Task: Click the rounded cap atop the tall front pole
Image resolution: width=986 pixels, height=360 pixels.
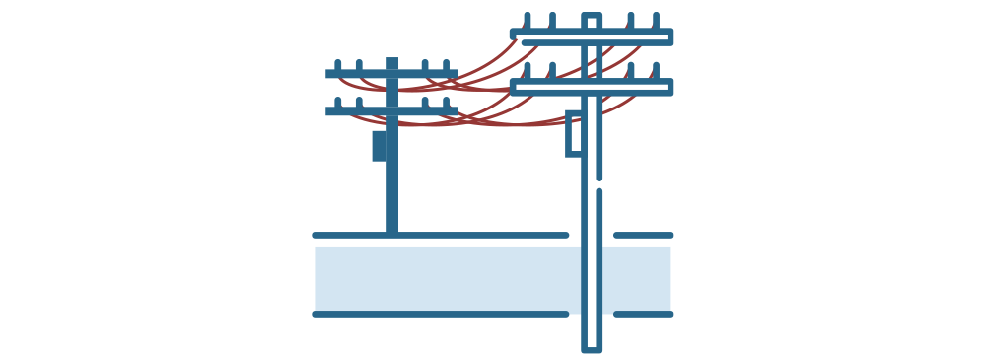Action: tap(591, 19)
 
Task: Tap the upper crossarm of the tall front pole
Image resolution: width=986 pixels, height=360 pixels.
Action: tap(592, 37)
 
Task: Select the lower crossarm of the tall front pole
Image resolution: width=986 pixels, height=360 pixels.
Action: tap(592, 87)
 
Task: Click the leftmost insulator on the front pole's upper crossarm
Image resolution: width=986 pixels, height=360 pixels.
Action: tap(528, 21)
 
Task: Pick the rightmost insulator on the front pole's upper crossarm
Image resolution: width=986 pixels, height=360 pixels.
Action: tap(656, 21)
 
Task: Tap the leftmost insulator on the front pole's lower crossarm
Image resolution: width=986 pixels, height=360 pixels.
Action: tap(528, 70)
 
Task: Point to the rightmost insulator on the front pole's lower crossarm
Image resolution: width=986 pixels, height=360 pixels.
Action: tap(656, 70)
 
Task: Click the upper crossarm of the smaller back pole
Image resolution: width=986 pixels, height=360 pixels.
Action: tap(391, 74)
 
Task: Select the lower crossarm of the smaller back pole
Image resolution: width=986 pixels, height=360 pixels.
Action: tap(391, 111)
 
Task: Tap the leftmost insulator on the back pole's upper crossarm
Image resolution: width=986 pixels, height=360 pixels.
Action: tap(338, 64)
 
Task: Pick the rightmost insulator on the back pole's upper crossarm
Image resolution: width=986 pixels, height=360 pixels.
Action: tap(446, 64)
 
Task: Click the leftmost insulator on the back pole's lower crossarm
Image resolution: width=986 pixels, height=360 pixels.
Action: tap(338, 102)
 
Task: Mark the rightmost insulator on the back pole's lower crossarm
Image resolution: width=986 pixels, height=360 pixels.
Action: tap(446, 102)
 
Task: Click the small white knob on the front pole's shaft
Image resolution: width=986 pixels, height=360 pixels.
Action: tap(595, 184)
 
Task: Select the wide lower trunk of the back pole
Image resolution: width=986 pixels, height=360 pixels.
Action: tap(385, 182)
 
